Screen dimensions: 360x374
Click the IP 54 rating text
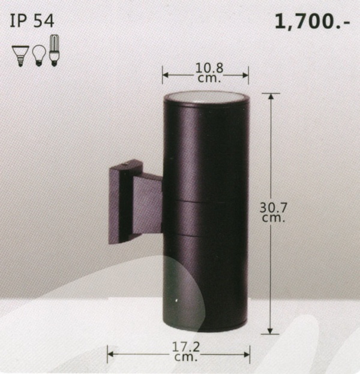32,21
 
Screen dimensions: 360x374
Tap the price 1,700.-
313,22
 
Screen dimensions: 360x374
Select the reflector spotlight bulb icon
20,56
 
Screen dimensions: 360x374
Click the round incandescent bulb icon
38,55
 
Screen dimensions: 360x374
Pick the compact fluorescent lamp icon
54,50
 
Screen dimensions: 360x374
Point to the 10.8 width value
209,68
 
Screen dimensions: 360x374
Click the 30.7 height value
274,208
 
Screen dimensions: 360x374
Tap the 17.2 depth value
186,347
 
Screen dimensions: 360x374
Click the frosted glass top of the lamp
206,97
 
